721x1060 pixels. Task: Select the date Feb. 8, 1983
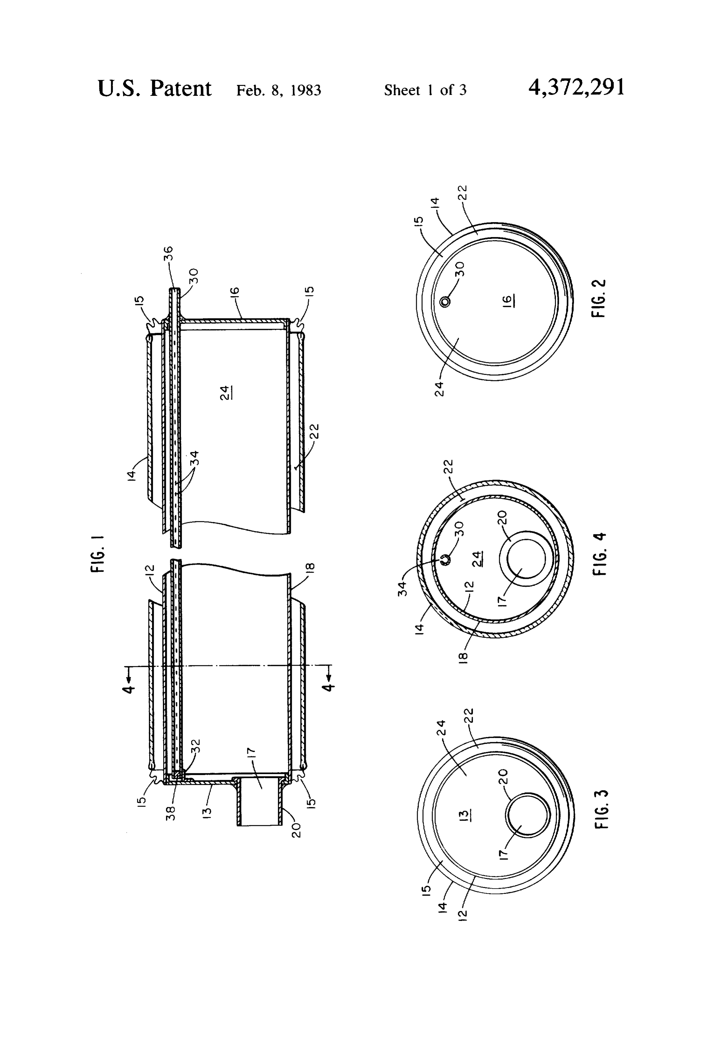278,90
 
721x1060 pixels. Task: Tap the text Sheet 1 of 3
425,90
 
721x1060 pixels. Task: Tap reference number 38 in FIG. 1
171,812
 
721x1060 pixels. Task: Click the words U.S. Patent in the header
154,88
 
